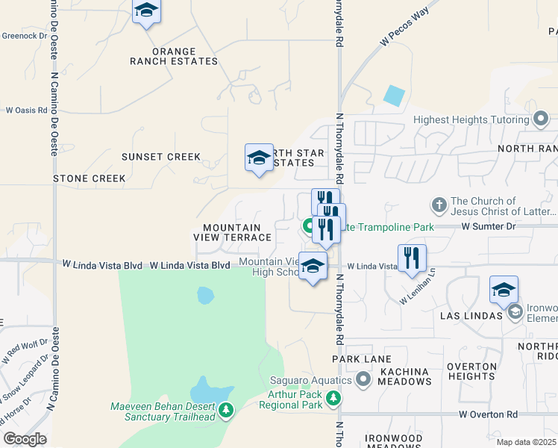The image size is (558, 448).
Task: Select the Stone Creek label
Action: click(x=90, y=178)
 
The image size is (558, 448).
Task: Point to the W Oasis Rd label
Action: click(x=27, y=110)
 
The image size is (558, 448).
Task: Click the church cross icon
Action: click(x=440, y=205)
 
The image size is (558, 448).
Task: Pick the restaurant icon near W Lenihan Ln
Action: click(x=412, y=258)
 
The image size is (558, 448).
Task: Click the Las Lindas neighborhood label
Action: click(x=471, y=315)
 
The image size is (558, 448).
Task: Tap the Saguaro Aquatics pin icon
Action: click(x=363, y=381)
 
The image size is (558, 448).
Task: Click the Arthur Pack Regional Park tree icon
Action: click(x=333, y=399)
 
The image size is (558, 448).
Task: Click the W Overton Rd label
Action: click(x=488, y=414)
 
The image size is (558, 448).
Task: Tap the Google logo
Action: click(x=25, y=439)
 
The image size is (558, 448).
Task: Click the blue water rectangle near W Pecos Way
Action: click(x=394, y=96)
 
